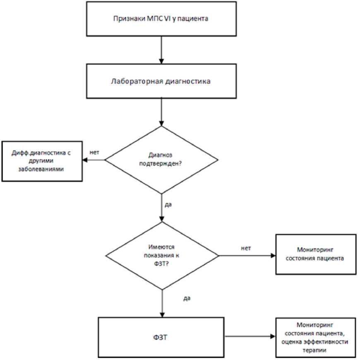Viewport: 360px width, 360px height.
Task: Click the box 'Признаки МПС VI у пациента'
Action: [x=161, y=19]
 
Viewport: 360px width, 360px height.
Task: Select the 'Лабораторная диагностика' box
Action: [x=161, y=81]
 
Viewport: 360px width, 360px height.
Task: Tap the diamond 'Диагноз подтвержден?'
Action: [x=161, y=160]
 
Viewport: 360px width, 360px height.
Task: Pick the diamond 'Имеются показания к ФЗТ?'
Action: [x=162, y=256]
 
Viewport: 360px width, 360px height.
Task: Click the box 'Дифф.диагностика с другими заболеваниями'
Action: [x=42, y=161]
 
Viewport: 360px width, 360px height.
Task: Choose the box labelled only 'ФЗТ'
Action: [x=161, y=337]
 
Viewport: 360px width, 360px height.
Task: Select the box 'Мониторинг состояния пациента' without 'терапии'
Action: [x=316, y=254]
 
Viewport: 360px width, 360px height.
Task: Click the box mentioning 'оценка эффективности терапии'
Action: [x=316, y=338]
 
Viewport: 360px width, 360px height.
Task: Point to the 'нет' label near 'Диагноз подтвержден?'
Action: [x=94, y=152]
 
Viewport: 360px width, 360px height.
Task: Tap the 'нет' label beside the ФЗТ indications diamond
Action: [x=246, y=248]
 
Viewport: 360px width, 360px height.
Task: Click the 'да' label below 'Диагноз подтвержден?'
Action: [x=168, y=204]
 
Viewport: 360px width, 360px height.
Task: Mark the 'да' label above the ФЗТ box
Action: [x=187, y=298]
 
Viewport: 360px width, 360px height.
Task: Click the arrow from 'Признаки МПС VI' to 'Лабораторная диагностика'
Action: [x=161, y=50]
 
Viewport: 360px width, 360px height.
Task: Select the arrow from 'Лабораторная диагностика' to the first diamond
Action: [x=161, y=112]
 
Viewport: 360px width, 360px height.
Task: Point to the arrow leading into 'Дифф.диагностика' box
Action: [x=94, y=160]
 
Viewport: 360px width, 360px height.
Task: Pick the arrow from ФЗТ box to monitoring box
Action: [x=250, y=336]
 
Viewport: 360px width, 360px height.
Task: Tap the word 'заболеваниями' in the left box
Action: [x=41, y=169]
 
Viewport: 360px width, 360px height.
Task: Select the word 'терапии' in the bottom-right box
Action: [x=314, y=350]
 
